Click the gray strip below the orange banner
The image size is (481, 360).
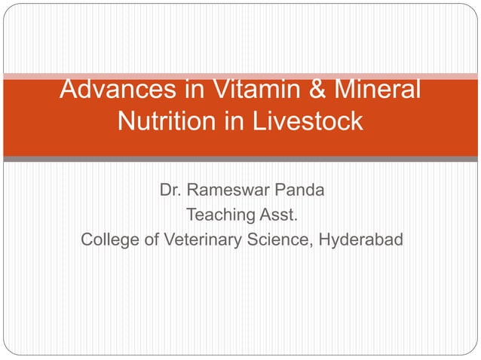(240, 159)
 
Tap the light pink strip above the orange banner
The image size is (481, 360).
(240, 76)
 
